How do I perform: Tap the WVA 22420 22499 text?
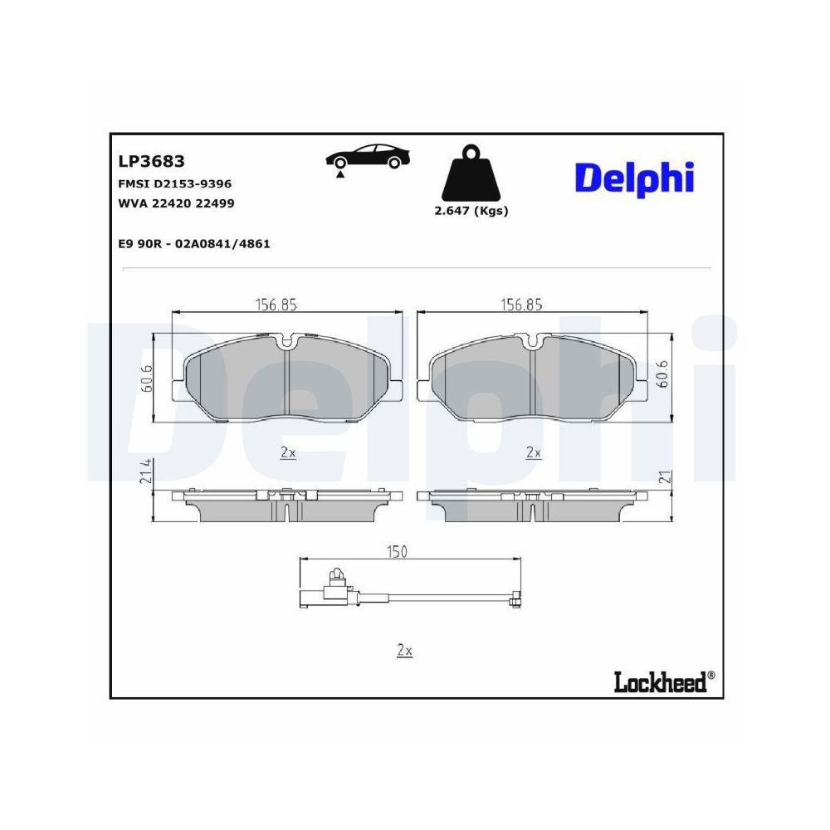pos(177,203)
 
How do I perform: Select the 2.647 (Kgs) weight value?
pos(471,211)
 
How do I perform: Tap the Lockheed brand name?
pos(660,682)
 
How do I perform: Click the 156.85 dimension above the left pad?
pos(275,305)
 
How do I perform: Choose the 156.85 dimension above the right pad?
pos(520,305)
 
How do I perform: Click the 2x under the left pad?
pos(288,453)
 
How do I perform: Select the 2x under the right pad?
pos(534,453)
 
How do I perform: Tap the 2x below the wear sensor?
pos(404,651)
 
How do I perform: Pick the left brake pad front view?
pos(287,379)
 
